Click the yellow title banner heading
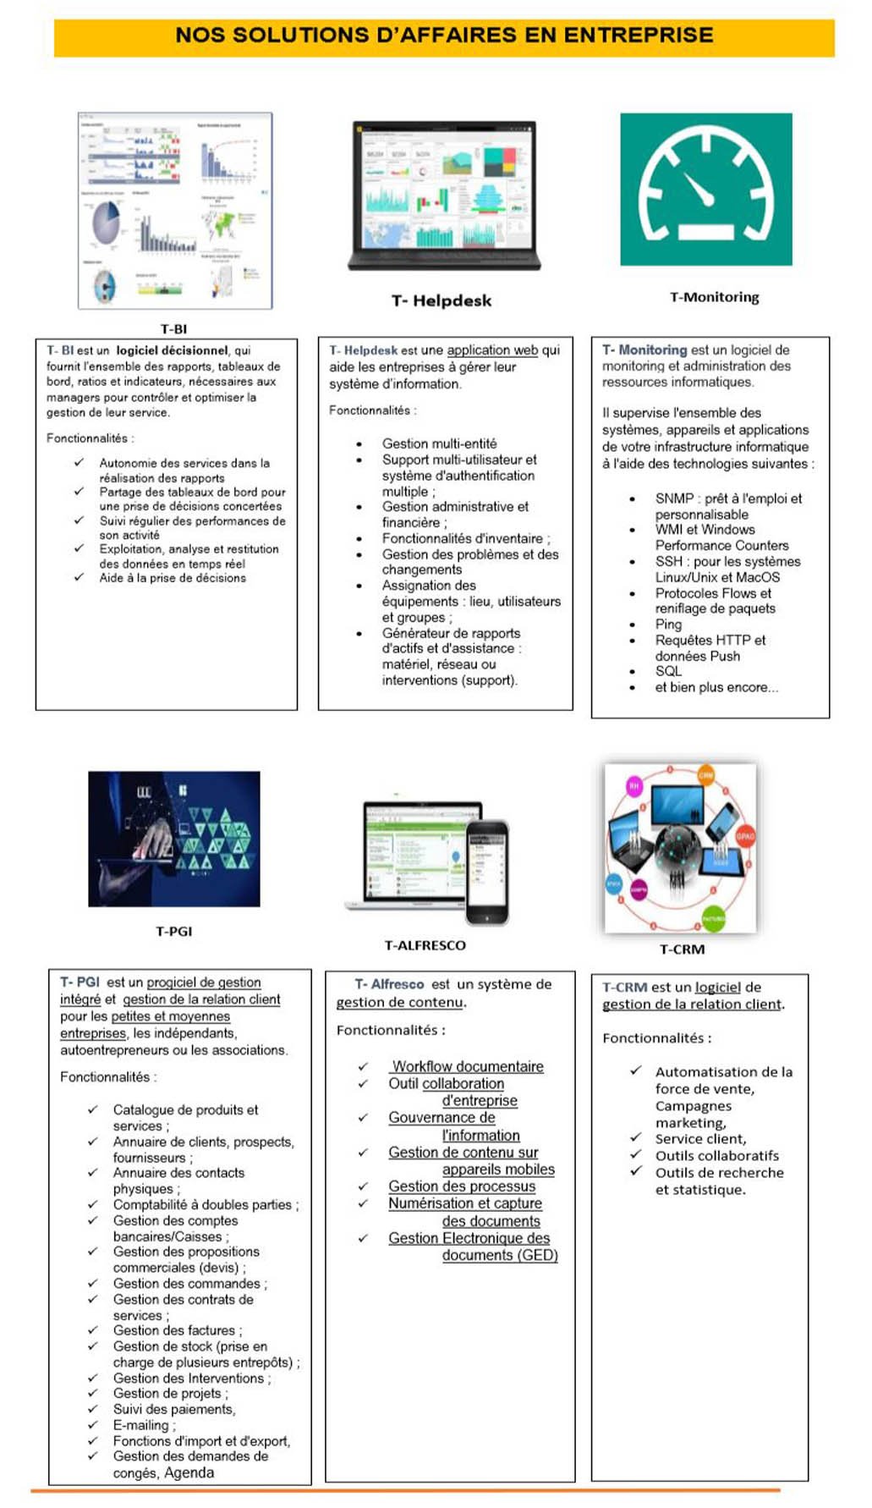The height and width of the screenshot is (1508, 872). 444,36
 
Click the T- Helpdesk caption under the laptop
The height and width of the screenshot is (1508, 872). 441,300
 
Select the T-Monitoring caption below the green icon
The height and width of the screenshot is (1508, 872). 714,297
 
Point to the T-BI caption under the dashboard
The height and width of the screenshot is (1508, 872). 173,328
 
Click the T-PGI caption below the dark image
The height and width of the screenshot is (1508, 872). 173,931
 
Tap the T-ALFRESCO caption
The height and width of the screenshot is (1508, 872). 425,945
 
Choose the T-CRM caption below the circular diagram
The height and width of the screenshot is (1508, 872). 682,949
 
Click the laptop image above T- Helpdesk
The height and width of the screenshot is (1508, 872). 444,195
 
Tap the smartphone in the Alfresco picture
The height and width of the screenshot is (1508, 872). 487,872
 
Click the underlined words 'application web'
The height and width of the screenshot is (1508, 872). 492,350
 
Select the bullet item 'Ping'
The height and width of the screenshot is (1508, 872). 668,625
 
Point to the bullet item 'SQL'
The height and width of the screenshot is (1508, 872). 668,671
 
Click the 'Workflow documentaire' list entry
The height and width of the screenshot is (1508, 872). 468,1066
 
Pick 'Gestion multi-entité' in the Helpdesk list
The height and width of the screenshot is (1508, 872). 439,443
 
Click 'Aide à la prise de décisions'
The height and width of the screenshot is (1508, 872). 173,578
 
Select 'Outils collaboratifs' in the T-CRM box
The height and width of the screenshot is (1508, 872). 717,1156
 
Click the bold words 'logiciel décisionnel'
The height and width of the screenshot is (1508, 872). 173,350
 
